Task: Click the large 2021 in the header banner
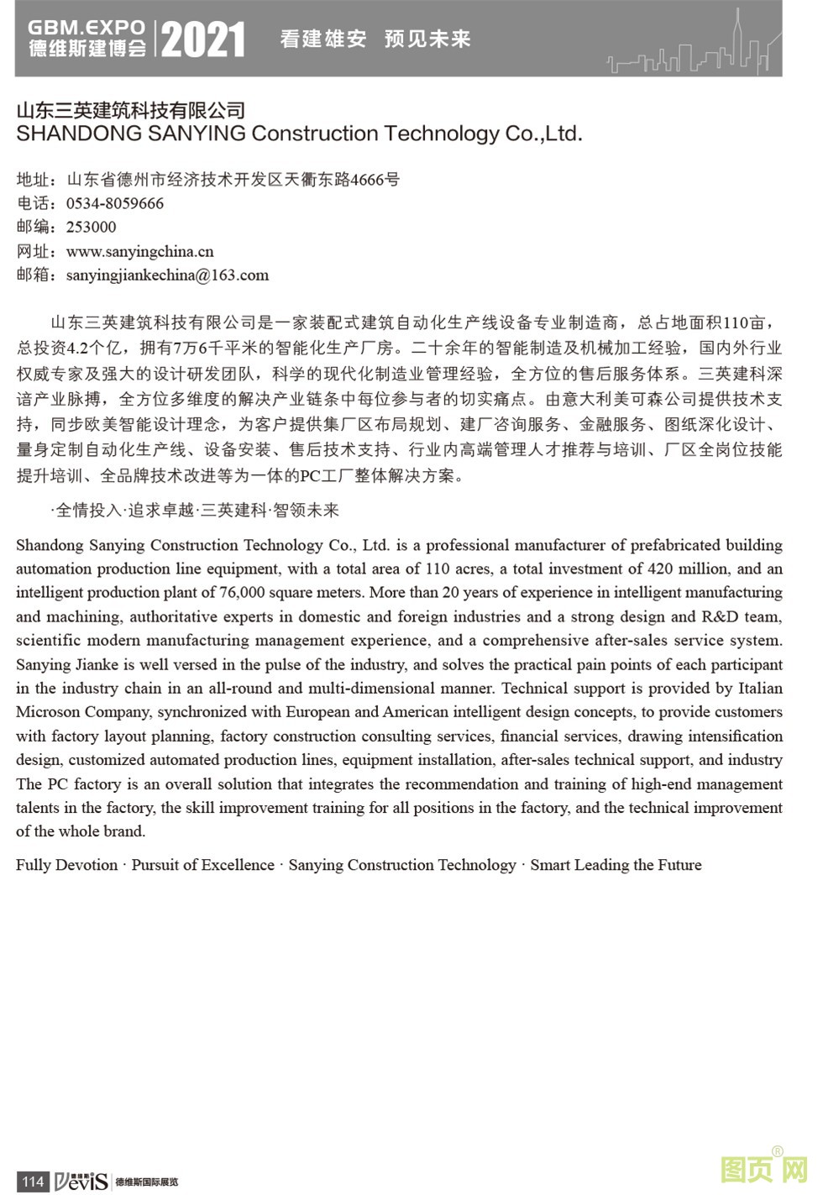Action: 203,39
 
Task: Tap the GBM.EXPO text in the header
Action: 86,27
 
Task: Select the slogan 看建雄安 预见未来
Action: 375,39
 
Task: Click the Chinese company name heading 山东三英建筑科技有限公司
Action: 131,110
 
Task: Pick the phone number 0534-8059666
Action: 115,203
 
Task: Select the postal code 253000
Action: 92,227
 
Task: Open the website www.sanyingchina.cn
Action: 140,251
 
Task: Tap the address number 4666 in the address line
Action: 366,180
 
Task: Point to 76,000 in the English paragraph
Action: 243,593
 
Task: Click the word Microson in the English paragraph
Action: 48,712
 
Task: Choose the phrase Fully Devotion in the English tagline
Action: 67,865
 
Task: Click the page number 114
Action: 32,1182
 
